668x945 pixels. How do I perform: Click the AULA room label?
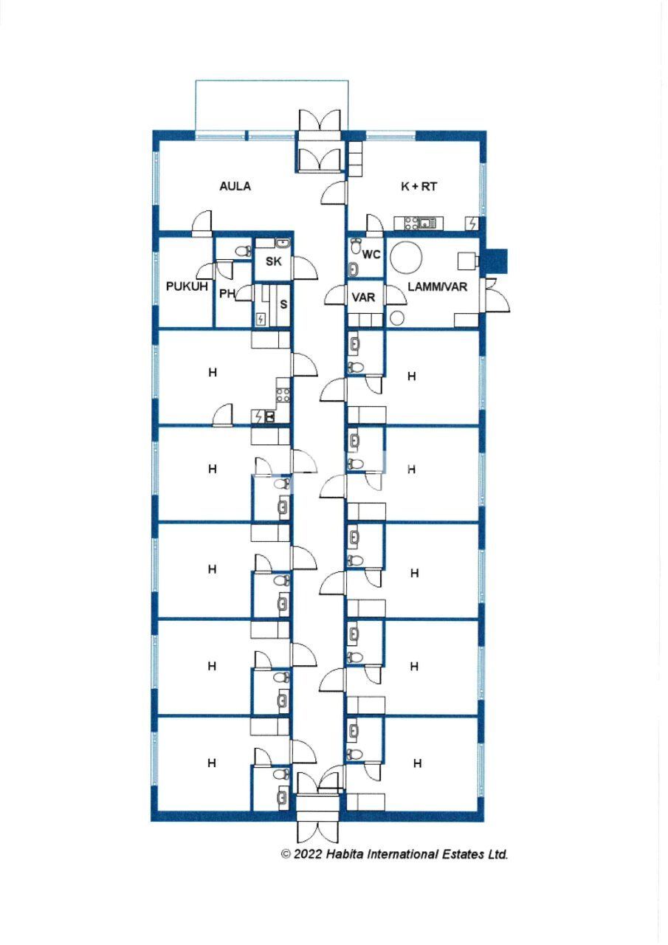[x=235, y=186]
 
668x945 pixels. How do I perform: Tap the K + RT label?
[x=419, y=187]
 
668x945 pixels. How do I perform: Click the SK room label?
[x=273, y=262]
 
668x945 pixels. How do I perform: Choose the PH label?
[x=227, y=293]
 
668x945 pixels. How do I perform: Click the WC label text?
[x=371, y=255]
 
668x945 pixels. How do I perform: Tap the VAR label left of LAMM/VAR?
[x=364, y=298]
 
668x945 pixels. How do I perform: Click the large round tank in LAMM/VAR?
[x=406, y=258]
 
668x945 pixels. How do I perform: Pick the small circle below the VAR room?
[x=397, y=319]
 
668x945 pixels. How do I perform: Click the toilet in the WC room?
[x=357, y=246]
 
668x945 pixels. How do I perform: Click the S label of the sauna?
[x=283, y=303]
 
